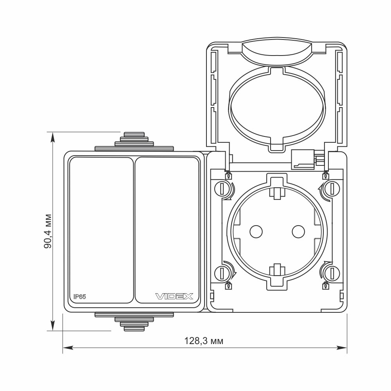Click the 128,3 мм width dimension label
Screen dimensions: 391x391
tap(204, 341)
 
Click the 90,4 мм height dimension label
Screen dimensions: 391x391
tap(48, 231)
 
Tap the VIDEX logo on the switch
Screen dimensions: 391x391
tap(174, 296)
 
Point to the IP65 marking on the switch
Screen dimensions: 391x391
tap(79, 297)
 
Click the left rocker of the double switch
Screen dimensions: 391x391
tap(101, 230)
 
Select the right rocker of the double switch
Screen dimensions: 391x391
tap(167, 230)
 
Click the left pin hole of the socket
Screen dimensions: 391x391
tap(256, 231)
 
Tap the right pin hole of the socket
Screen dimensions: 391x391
tap(298, 231)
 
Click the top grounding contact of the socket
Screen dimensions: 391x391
tap(277, 192)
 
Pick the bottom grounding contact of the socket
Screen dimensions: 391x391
tap(277, 270)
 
